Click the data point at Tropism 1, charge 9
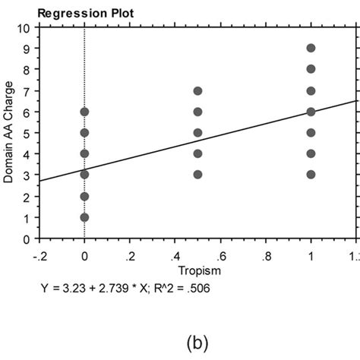(311, 48)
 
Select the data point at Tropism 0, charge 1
(84, 217)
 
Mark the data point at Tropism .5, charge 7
(197, 90)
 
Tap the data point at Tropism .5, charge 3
(197, 175)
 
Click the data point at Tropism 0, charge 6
(84, 112)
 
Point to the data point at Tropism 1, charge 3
(311, 175)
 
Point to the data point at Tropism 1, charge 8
(311, 69)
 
